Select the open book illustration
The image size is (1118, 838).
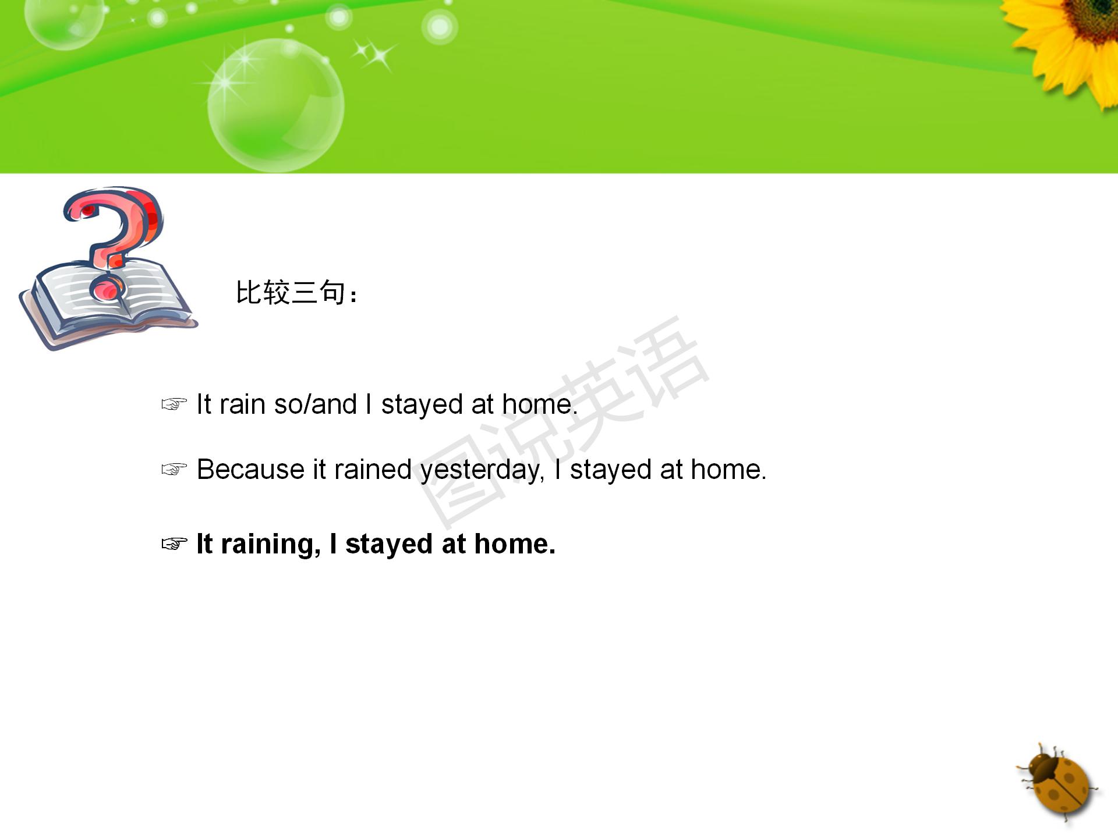(108, 303)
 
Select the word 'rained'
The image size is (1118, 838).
(373, 469)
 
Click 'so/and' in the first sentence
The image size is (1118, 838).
(315, 404)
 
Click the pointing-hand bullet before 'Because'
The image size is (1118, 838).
(174, 469)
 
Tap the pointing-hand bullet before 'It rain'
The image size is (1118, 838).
(174, 404)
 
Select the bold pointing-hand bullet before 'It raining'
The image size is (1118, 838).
(174, 544)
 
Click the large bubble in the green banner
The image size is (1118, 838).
(276, 105)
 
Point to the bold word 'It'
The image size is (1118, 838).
(204, 544)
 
